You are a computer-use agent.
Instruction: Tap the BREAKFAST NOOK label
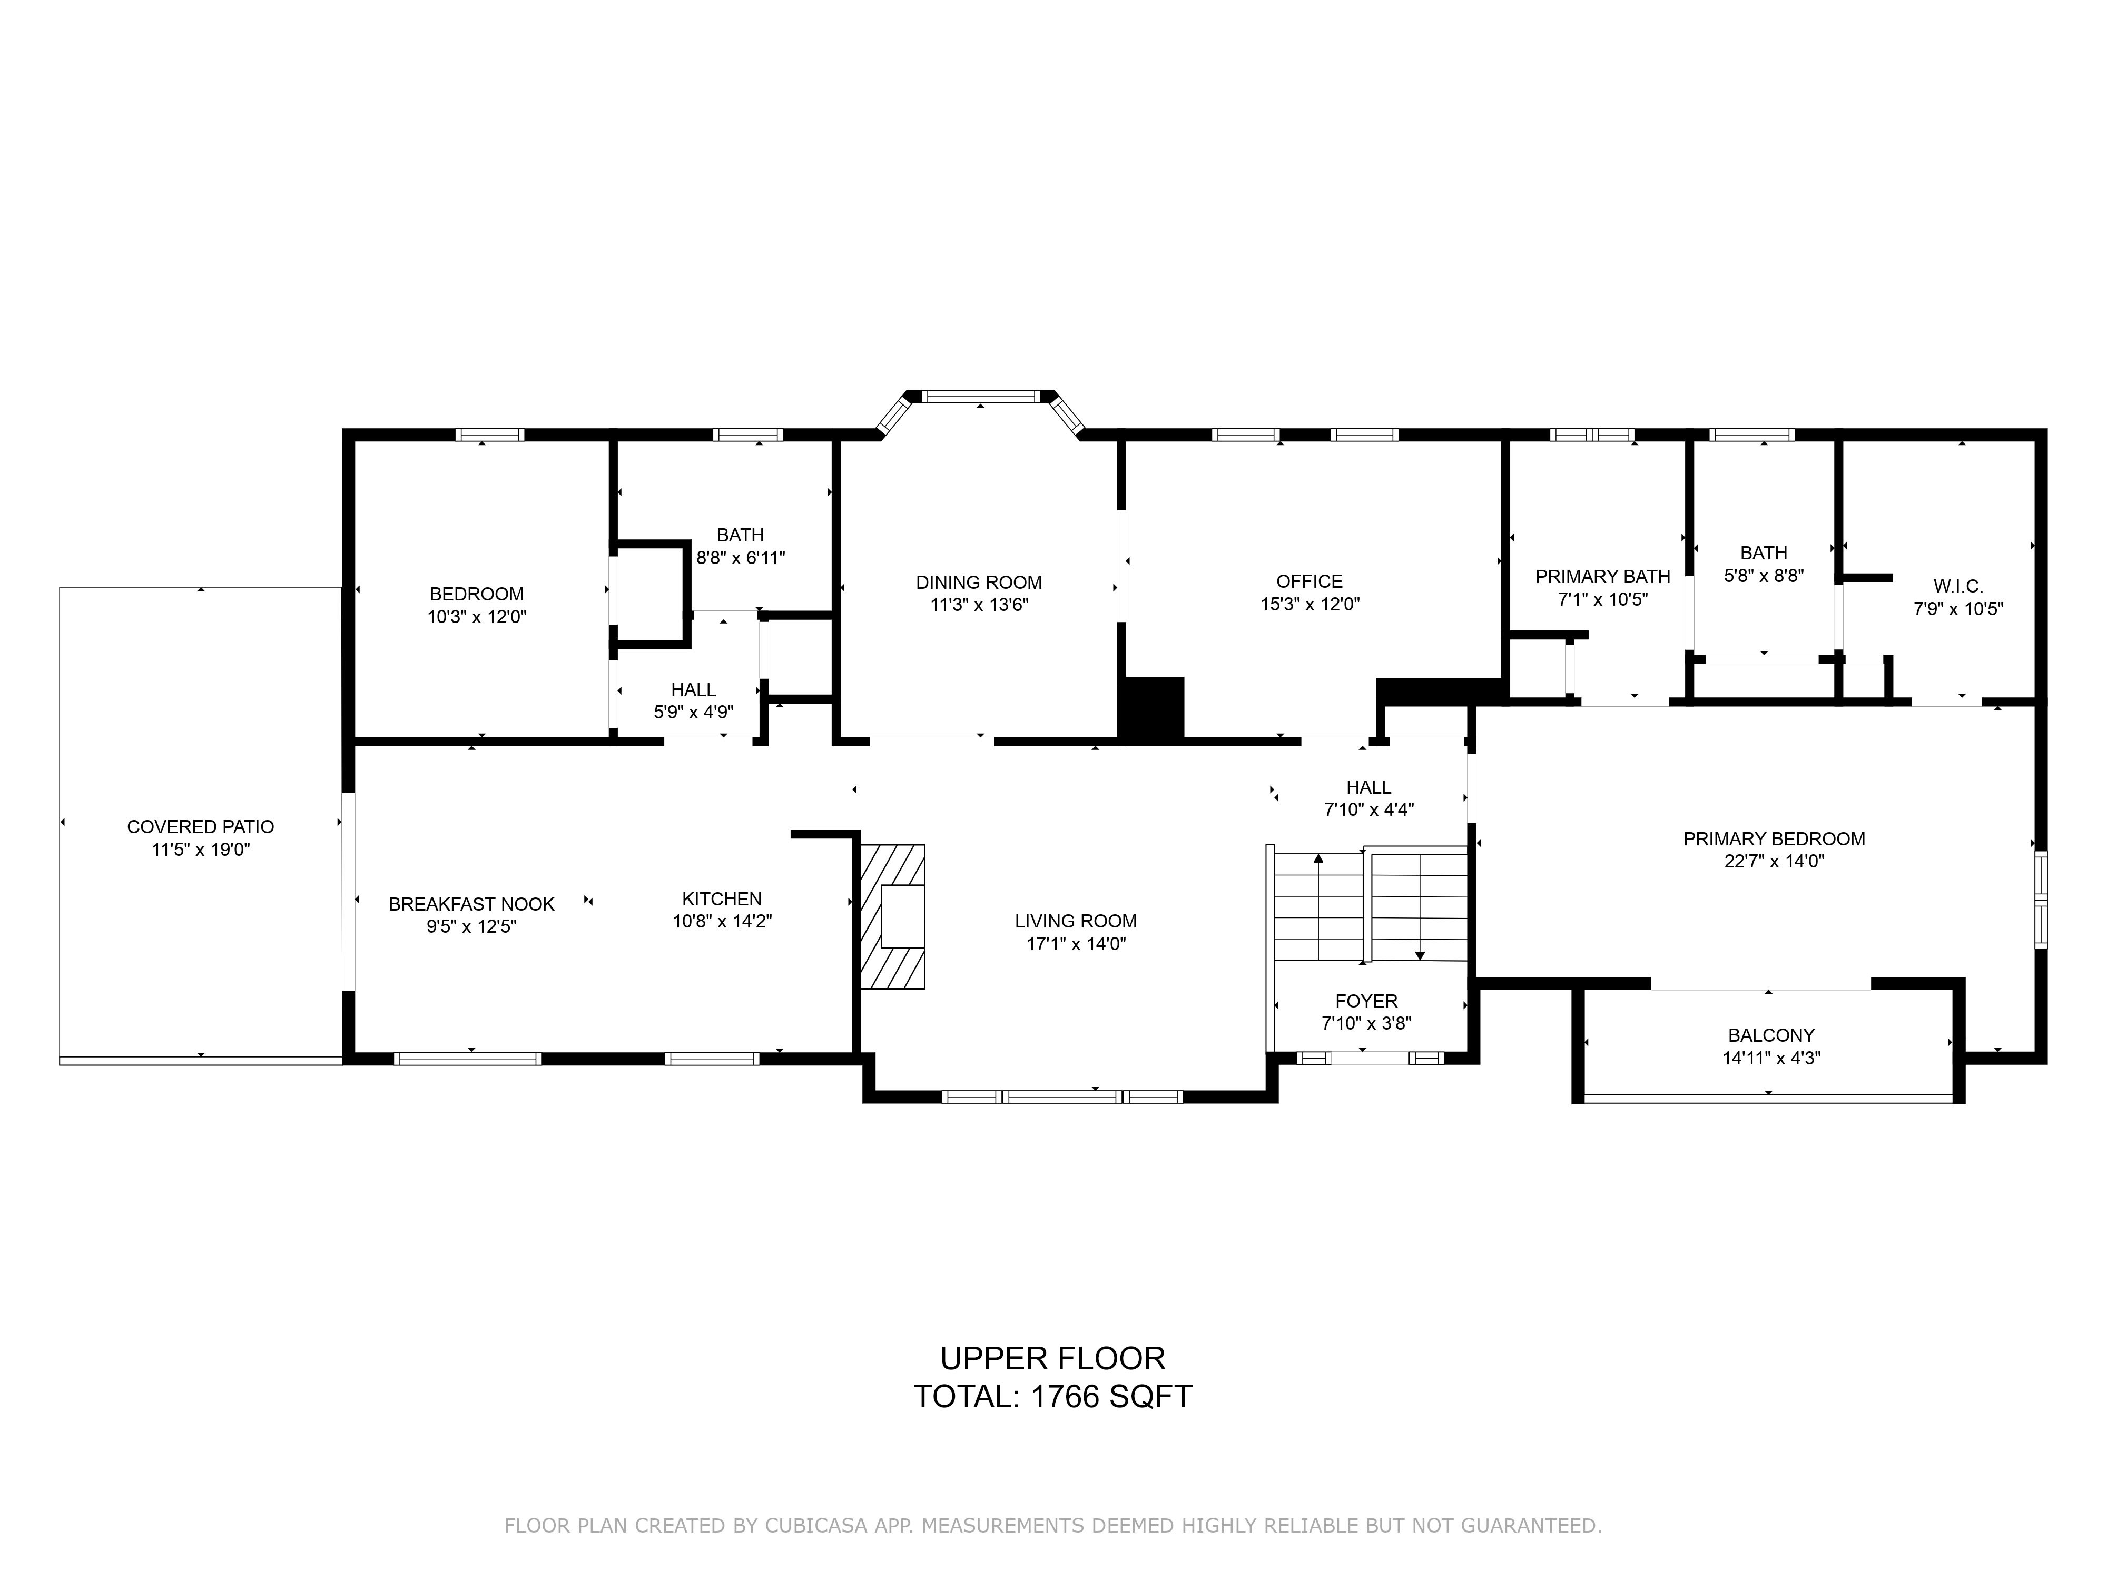tap(471, 904)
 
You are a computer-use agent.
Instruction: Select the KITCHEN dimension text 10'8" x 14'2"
tap(722, 921)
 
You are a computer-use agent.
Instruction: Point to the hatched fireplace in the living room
tap(892, 916)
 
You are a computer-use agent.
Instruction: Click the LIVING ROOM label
tap(1076, 921)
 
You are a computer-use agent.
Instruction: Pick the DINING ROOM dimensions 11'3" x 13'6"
tap(979, 605)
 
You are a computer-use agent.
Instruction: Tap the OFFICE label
tap(1310, 581)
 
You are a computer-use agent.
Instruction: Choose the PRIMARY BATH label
tap(1602, 576)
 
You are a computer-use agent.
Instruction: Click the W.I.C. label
tap(1958, 586)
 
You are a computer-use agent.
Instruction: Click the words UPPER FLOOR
tap(1052, 1358)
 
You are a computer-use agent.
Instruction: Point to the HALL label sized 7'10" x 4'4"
tap(1369, 787)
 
